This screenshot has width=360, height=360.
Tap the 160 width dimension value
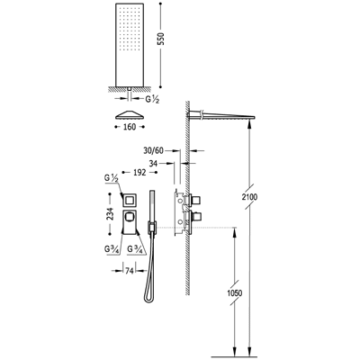coord(130,127)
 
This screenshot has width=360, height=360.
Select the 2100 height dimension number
coord(250,197)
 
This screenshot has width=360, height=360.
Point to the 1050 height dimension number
coord(234,292)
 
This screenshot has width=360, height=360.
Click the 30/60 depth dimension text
coord(153,150)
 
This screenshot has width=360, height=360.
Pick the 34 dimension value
coord(153,164)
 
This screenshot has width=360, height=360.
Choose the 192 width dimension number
coord(139,173)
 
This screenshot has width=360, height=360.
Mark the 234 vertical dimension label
coord(110,214)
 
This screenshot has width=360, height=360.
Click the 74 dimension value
coord(129,271)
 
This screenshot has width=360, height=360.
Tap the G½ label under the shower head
coord(152,99)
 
